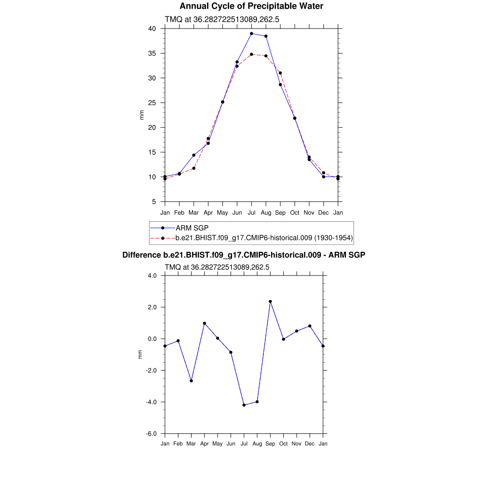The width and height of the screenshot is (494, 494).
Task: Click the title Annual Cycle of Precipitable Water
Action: pos(251,6)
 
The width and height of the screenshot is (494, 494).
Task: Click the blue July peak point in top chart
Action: pos(251,34)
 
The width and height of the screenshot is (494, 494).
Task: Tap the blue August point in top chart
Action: pos(266,36)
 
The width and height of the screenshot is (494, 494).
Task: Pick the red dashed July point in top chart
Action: pos(251,55)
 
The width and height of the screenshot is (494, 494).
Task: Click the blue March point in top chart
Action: pos(193,155)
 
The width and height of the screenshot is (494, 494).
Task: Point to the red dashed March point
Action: pos(193,168)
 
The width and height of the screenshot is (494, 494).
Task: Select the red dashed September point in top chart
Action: pos(280,73)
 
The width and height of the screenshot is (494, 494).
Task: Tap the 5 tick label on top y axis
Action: pos(153,202)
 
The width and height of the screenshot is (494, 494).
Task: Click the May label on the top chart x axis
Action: pos(222,213)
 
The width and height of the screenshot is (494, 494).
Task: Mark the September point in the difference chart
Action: pos(270,302)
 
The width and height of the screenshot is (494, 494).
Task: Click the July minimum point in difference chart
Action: pos(244,405)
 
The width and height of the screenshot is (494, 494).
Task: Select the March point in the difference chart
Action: pos(192,381)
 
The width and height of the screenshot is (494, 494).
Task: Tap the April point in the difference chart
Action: pos(205,323)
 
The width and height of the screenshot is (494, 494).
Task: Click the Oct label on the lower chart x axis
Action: pos(283,444)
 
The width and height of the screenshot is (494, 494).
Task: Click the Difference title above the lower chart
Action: pos(244,255)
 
